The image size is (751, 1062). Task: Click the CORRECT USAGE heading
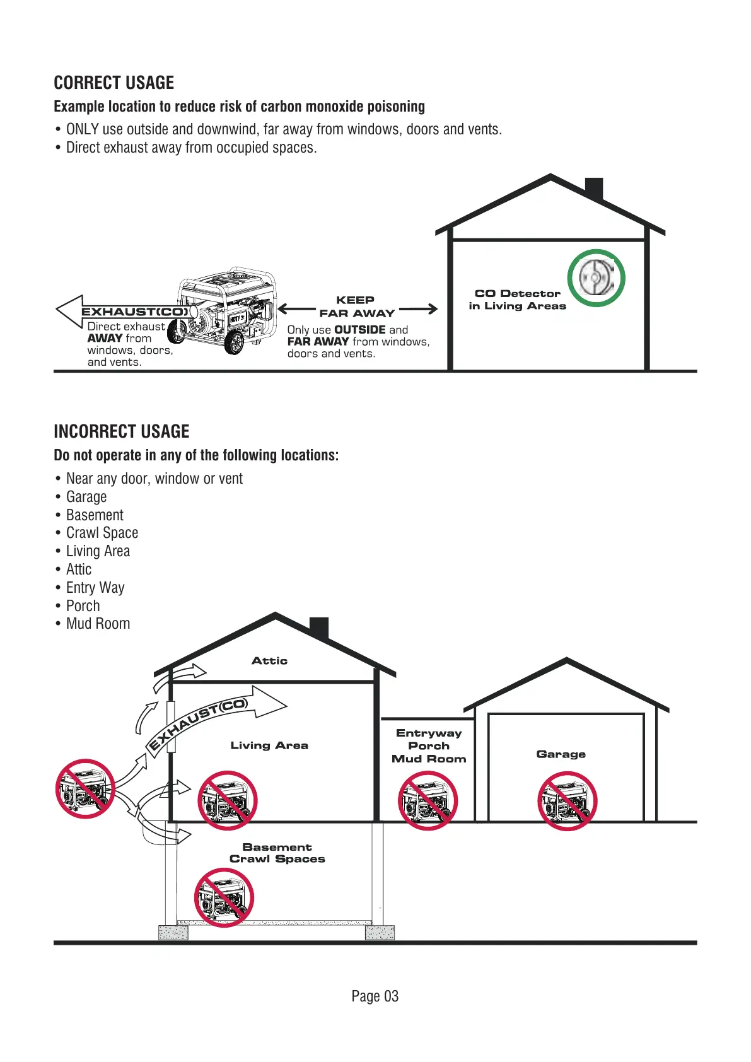[114, 83]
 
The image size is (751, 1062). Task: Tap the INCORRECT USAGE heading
[122, 432]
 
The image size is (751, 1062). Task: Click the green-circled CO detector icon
[596, 278]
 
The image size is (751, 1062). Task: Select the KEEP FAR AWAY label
[356, 306]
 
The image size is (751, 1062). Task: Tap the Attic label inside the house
[269, 661]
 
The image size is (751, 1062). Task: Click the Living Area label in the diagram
[269, 745]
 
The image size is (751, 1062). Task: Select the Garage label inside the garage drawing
[561, 754]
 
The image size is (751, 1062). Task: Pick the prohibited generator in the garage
[567, 801]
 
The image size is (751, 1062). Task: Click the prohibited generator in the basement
[224, 897]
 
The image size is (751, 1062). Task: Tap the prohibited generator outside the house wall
[85, 789]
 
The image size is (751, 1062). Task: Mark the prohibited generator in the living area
[228, 800]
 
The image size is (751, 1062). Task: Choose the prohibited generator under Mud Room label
[428, 801]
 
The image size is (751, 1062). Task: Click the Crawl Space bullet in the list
[102, 533]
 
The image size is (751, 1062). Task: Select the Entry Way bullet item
[95, 588]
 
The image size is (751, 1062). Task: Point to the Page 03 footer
[375, 996]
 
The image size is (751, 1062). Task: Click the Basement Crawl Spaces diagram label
[277, 853]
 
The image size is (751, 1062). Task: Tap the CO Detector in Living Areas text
[517, 300]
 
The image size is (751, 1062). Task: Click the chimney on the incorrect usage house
[319, 628]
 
